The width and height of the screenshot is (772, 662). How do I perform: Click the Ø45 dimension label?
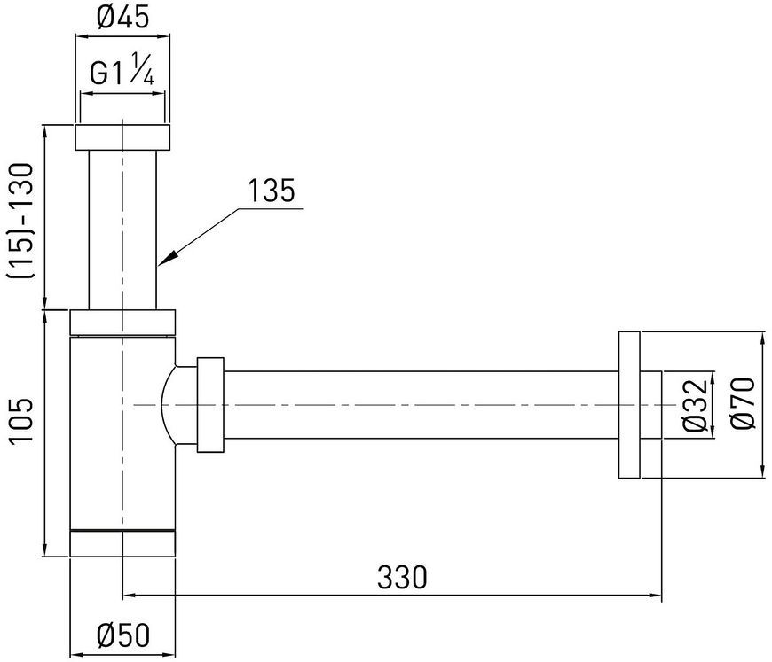tap(122, 19)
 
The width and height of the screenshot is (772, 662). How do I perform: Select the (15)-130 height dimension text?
tap(21, 221)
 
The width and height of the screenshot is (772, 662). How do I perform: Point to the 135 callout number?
tap(271, 191)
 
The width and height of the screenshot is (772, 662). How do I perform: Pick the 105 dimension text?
tap(21, 420)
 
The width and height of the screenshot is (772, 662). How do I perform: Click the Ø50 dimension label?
tap(123, 635)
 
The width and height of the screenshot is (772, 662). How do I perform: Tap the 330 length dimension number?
tap(402, 577)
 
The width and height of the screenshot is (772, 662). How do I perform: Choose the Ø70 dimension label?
tap(743, 402)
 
